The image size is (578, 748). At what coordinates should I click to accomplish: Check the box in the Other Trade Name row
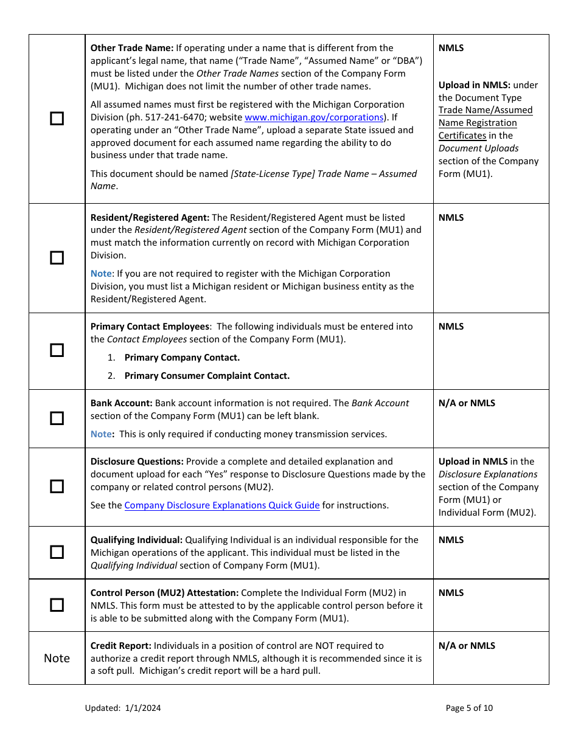point(57,119)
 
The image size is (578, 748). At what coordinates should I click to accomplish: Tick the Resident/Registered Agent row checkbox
point(57,258)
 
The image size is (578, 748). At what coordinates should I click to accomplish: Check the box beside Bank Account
point(57,418)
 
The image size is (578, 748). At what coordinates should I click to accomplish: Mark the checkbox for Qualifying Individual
point(57,552)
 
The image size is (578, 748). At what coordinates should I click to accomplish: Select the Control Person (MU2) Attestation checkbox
point(57,605)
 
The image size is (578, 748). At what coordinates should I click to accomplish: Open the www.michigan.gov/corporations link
point(314,117)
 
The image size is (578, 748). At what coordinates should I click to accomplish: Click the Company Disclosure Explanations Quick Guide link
point(222,505)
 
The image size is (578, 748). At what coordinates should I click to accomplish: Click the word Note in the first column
point(57,658)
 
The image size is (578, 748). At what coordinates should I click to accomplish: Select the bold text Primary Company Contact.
point(182,358)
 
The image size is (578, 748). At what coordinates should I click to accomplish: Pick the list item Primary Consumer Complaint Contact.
point(207,376)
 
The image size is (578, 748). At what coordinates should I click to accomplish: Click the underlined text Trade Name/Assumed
point(486,110)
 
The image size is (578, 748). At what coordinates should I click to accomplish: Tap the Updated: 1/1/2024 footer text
point(123,708)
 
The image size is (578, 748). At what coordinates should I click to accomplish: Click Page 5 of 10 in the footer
point(469,708)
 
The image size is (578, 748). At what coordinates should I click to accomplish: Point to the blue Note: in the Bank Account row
point(102,434)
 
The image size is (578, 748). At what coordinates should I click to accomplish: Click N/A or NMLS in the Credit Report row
point(467,646)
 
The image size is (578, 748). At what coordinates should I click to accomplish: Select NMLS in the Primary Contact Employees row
point(451,327)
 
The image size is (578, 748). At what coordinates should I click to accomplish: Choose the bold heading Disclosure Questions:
point(137,462)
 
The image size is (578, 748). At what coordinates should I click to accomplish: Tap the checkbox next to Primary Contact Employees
point(57,350)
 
